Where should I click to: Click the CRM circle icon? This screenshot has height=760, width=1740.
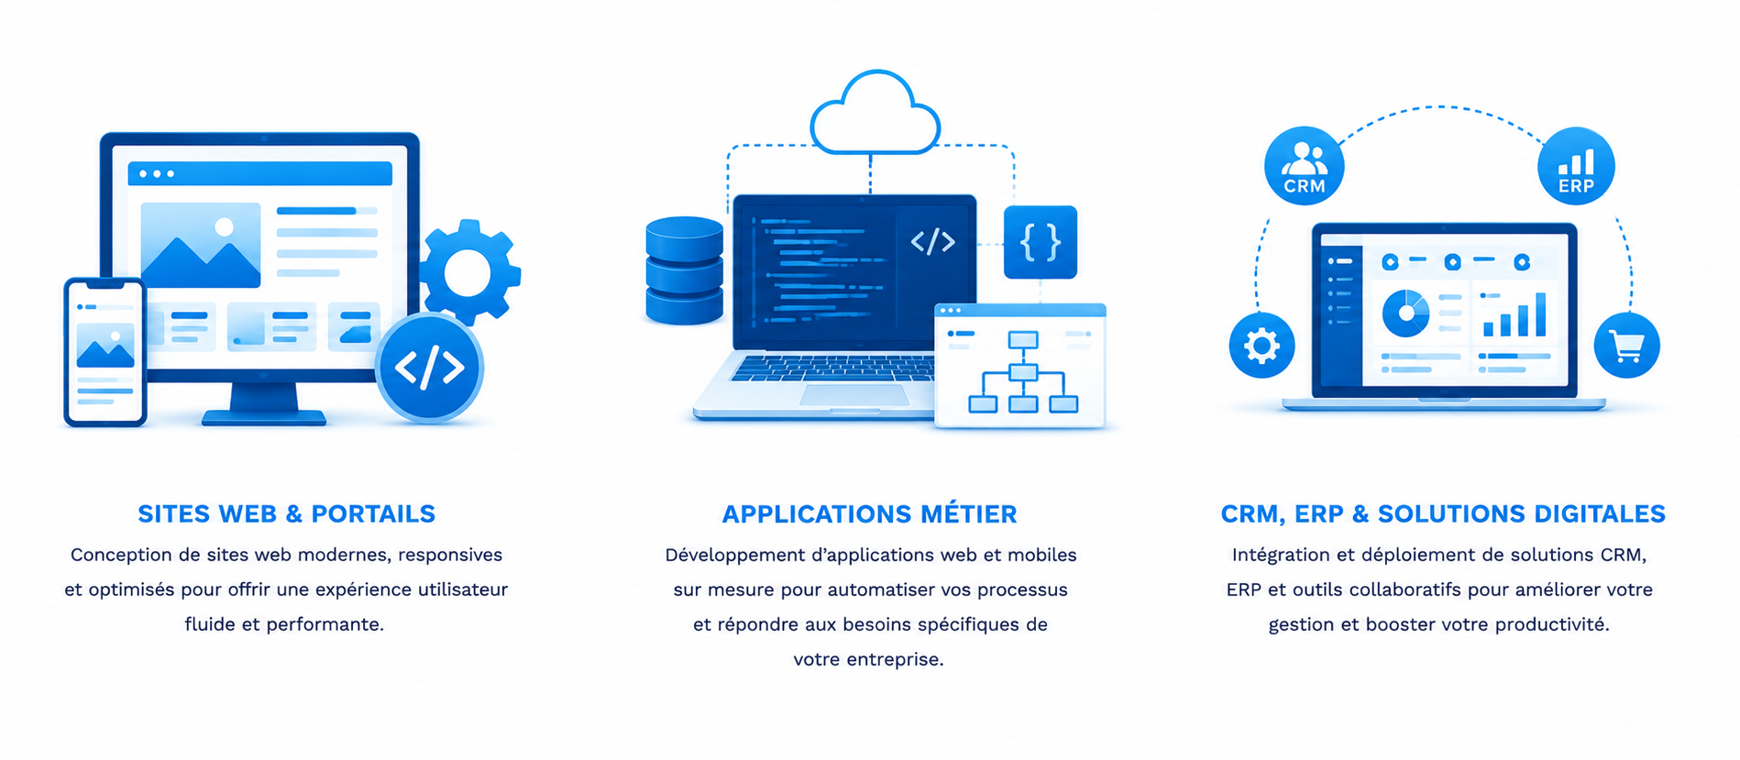(x=1304, y=166)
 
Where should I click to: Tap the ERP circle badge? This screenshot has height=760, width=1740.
(x=1576, y=166)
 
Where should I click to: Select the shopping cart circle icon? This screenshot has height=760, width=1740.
(x=1626, y=346)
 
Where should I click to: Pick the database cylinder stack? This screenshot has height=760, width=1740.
(x=684, y=270)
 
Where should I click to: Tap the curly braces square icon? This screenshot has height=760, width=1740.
(x=1041, y=242)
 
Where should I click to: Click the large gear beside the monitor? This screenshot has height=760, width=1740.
(x=469, y=272)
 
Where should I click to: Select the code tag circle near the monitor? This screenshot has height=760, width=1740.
(x=429, y=368)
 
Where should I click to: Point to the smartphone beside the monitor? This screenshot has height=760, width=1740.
(x=105, y=352)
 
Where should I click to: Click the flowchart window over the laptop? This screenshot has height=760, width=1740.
(x=1020, y=366)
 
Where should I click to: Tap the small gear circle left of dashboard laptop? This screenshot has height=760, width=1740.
(x=1261, y=346)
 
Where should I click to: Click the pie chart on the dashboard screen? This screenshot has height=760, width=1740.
(x=1405, y=313)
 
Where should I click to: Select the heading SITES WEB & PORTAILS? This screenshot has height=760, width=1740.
(x=286, y=513)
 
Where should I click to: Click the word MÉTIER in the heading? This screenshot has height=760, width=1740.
(x=968, y=513)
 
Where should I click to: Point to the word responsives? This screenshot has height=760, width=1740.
(x=450, y=555)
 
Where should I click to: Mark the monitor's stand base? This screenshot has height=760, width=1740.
(x=264, y=418)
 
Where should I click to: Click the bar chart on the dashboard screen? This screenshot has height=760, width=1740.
(x=1514, y=314)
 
